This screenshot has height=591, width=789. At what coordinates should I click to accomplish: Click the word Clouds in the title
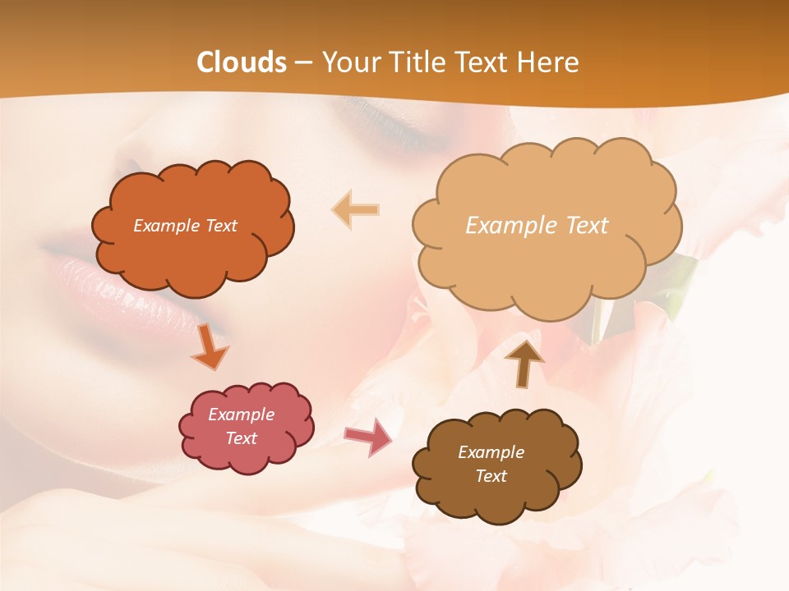[242, 62]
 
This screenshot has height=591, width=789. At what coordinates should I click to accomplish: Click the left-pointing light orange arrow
[355, 209]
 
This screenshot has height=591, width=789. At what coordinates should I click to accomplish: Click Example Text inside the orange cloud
[185, 226]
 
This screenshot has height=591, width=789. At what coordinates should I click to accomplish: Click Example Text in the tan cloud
[537, 226]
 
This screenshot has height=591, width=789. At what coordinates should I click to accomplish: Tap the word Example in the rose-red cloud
[241, 415]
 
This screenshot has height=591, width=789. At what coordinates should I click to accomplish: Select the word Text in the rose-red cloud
[241, 438]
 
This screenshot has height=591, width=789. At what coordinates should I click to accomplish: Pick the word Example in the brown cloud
[491, 452]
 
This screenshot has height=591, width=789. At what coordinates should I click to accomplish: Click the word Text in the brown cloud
[491, 476]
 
